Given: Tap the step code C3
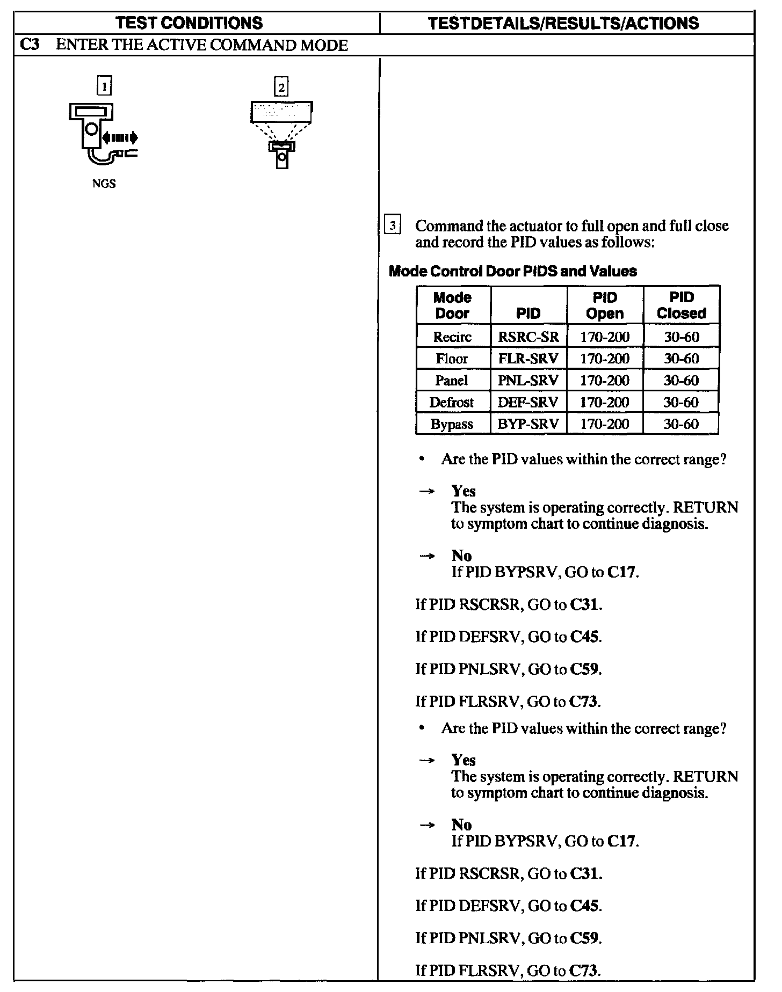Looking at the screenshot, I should [28, 45].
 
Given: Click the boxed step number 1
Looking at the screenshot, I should [104, 85].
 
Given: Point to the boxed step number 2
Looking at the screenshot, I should [281, 86].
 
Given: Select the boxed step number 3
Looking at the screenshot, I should [393, 225].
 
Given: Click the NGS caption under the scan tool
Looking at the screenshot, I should [104, 184].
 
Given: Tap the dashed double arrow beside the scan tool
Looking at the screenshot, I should [120, 138].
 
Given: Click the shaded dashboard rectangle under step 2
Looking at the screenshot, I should [281, 112].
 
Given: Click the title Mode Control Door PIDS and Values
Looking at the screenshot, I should [512, 271].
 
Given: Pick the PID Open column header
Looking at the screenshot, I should [605, 305].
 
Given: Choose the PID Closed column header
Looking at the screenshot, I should [681, 305].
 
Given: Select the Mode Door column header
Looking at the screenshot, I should [452, 305].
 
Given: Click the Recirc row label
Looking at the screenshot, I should [452, 337].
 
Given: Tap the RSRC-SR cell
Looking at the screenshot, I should [528, 337].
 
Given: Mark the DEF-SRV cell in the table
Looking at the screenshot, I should [528, 402].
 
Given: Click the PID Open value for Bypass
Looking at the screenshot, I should [605, 424].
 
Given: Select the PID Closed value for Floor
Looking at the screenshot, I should [681, 359].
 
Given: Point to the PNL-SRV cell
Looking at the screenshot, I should [528, 381].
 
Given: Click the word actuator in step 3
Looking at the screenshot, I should [537, 226].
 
